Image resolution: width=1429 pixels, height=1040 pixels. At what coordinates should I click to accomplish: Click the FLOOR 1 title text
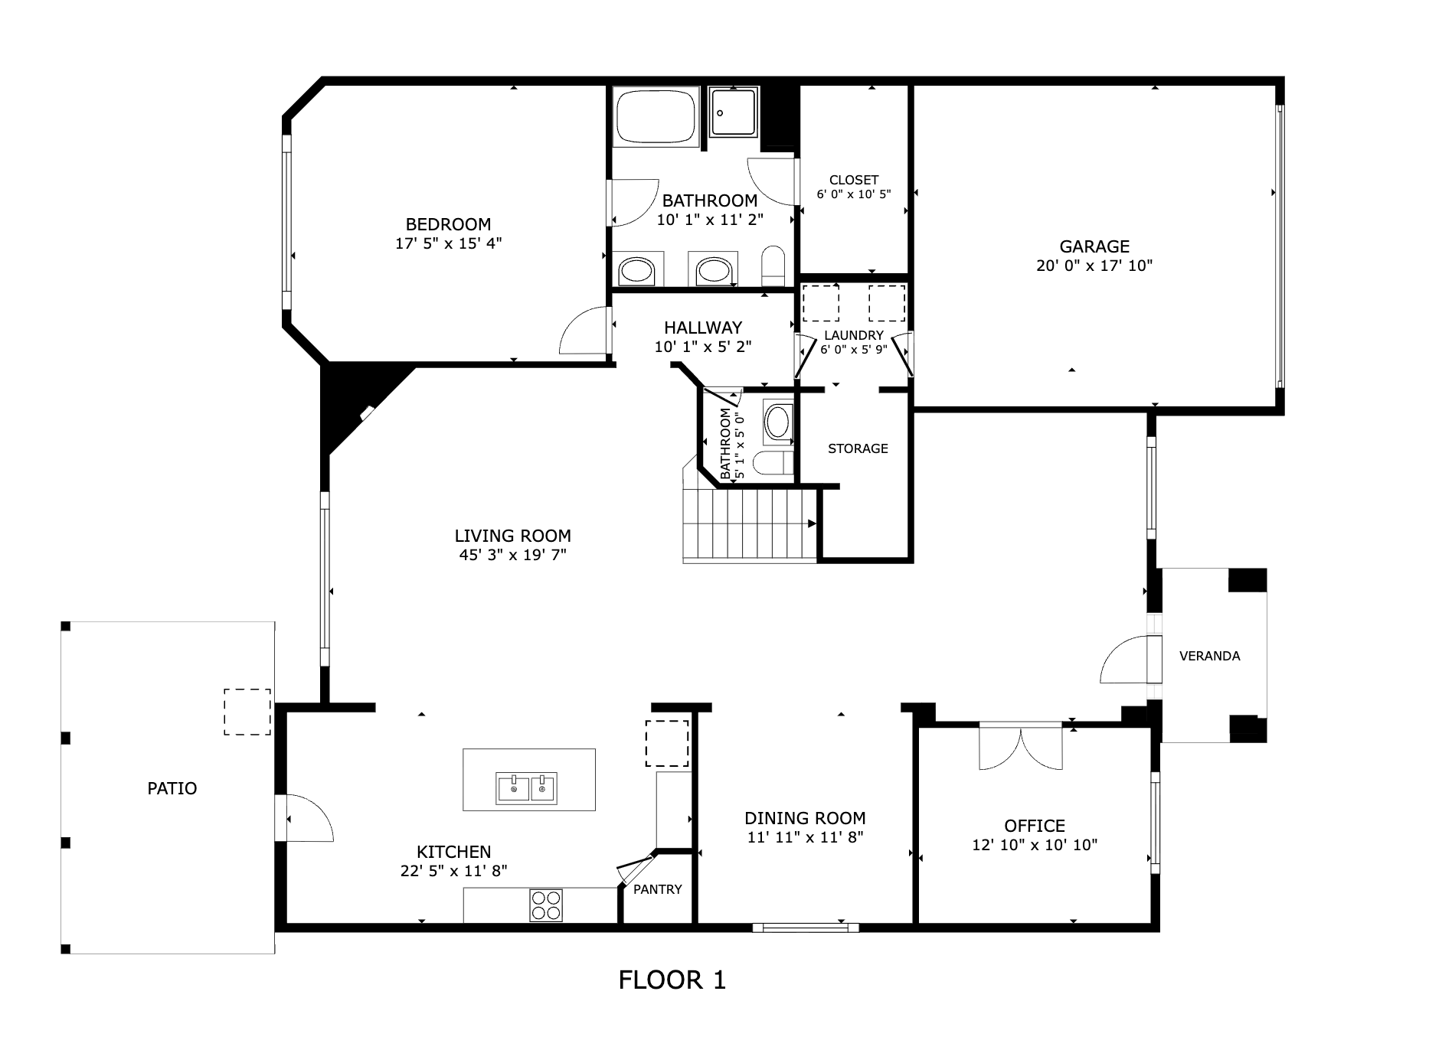click(672, 980)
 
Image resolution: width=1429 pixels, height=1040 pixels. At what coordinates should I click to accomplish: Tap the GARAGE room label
click(1094, 246)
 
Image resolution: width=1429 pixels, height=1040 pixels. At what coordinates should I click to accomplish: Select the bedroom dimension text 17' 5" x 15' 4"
click(449, 243)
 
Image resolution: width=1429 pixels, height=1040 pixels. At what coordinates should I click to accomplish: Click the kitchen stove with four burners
click(546, 905)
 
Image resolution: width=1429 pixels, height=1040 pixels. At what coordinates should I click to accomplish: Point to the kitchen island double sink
click(527, 788)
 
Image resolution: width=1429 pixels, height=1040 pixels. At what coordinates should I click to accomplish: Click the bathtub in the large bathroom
click(656, 117)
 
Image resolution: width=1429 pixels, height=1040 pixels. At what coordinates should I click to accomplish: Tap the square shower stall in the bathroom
click(733, 112)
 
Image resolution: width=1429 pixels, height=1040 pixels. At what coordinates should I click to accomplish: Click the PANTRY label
click(658, 889)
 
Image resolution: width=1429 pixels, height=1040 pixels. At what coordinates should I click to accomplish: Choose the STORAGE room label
click(858, 448)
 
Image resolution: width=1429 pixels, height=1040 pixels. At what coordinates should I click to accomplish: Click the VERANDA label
click(1210, 656)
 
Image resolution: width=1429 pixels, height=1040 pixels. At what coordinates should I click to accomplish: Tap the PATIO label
click(172, 788)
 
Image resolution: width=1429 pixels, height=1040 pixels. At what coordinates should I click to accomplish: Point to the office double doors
click(1021, 747)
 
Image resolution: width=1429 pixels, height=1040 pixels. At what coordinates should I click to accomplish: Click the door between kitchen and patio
click(305, 818)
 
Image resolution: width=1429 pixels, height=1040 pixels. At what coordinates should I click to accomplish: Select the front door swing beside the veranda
click(1126, 659)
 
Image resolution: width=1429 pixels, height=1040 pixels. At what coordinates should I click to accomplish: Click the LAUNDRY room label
click(854, 335)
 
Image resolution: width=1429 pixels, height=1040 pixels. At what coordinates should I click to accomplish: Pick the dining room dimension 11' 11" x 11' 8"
click(806, 837)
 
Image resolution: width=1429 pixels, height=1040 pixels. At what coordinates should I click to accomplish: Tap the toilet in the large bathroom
click(774, 265)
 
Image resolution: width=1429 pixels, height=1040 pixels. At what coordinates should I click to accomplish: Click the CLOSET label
click(854, 180)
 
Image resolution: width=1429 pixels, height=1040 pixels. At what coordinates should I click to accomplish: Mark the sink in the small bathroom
click(778, 422)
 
